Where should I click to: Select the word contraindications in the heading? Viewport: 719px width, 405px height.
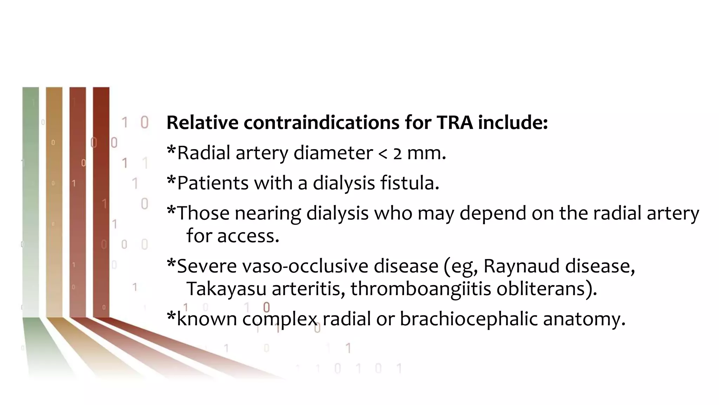tap(322, 123)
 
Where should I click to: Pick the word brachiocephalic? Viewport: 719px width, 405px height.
tap(469, 319)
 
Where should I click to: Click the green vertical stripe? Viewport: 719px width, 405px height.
tap(31, 200)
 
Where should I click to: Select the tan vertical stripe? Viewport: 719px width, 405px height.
tap(54, 200)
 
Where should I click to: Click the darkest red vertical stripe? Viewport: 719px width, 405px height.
tap(101, 200)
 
